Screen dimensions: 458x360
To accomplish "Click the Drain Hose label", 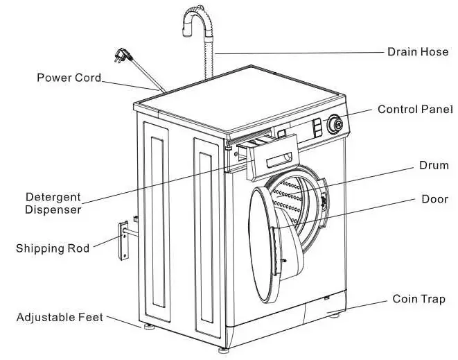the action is click(418, 52).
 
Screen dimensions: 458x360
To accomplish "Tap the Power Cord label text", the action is click(69, 78).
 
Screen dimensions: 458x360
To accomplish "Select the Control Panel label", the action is click(415, 110).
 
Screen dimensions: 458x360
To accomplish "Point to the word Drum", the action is click(434, 165).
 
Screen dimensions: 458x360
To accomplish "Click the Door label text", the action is click(434, 199).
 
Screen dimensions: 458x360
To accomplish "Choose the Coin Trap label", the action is click(419, 299).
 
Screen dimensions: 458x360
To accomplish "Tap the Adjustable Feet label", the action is click(60, 317).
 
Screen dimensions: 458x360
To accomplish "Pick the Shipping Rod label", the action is click(53, 248).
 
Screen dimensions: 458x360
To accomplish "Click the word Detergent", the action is click(53, 197).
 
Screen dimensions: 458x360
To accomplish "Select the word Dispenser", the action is click(53, 209).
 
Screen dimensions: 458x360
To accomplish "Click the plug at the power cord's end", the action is click(122, 55).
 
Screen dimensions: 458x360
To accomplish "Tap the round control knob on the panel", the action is click(335, 124).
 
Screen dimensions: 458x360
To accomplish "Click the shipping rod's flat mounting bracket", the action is click(123, 241).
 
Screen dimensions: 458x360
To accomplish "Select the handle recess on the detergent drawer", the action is click(279, 160).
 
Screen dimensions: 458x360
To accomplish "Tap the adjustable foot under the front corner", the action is click(223, 350).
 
